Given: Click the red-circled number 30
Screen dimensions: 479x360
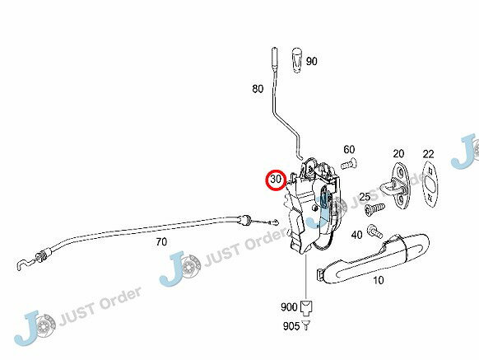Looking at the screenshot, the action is (276, 180).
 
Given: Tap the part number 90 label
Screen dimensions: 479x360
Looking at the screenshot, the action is (311, 62).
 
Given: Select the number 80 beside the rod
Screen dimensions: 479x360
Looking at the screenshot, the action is (258, 89).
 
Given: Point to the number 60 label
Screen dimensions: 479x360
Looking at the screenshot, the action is (349, 150).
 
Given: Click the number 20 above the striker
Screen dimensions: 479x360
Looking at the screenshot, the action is (398, 153).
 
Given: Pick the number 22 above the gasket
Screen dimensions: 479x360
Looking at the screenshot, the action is (428, 154).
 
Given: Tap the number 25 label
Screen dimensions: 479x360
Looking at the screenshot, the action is (365, 197).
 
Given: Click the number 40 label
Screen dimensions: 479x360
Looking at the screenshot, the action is (356, 235).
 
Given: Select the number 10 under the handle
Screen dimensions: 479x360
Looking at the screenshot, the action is (379, 280).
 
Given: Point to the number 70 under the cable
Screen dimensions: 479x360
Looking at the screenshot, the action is (161, 242).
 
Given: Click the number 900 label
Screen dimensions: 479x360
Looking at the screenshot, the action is (289, 306).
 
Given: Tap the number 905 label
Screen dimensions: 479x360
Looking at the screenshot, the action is (291, 326).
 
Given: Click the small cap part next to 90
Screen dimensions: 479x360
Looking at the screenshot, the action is (297, 60).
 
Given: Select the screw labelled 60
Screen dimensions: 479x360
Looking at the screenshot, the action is (349, 164).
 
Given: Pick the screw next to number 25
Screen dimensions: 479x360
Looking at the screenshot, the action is (374, 209).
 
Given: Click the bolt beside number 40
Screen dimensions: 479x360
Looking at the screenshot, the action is (374, 231).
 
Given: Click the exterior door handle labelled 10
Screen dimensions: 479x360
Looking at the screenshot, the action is (373, 259).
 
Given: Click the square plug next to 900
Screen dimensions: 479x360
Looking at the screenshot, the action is (306, 307).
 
